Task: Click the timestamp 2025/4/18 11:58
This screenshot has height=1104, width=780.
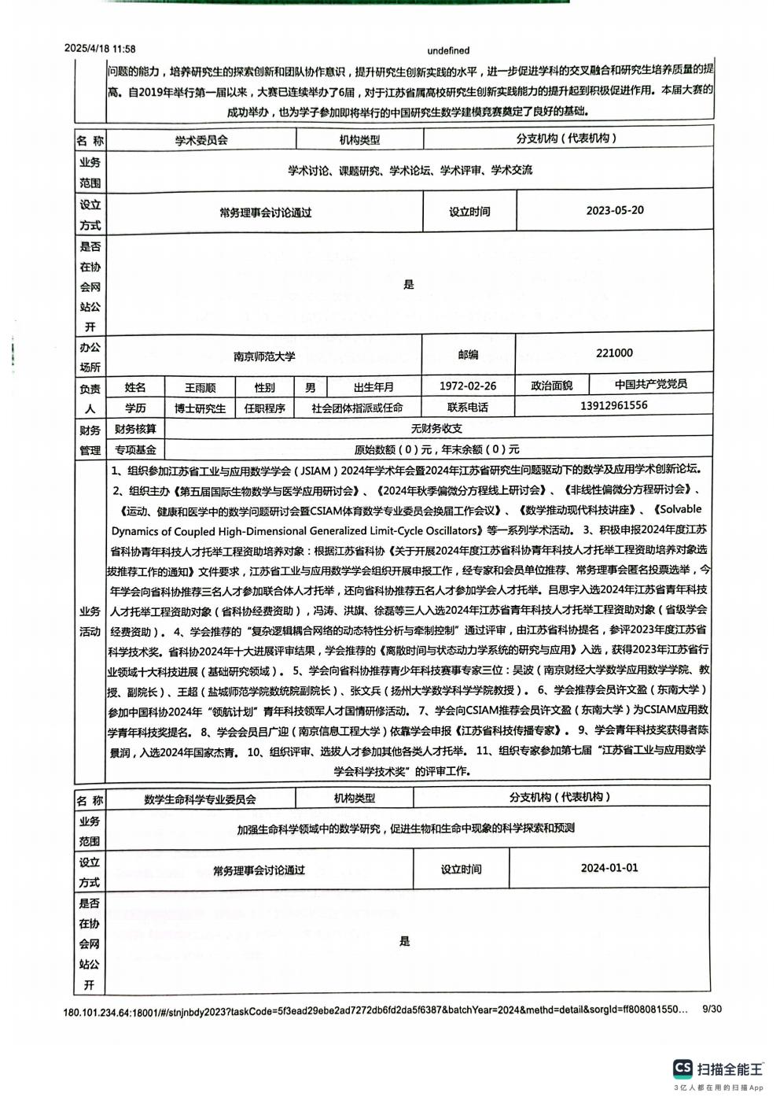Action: pos(100,49)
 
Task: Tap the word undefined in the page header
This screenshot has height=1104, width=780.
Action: pos(448,50)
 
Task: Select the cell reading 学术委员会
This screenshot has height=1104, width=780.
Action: pos(201,140)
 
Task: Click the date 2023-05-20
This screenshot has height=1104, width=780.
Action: pos(615,210)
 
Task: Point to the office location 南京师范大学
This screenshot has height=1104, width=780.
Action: pos(264,356)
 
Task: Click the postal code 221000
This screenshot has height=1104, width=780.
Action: pos(614,353)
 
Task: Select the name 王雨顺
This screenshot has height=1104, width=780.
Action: pos(200,387)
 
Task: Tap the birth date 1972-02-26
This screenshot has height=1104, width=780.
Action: pos(468,386)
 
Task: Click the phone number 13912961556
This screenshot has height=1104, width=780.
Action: pos(614,405)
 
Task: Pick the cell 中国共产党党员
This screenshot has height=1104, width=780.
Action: pos(650,384)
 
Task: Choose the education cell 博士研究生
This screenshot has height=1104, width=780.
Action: pos(200,408)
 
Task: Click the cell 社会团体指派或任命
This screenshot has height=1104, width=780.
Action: pos(357,408)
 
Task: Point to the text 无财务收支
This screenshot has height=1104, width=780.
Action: pos(436,429)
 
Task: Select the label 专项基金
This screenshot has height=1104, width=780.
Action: pos(135,449)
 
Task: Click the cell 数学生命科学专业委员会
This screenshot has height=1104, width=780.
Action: pos(200,799)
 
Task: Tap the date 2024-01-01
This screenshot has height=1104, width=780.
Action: pos(609,868)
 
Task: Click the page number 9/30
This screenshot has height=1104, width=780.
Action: pos(711,1009)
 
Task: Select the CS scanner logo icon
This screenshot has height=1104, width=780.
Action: pos(682,1068)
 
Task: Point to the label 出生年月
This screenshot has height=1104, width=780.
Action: pos(373,387)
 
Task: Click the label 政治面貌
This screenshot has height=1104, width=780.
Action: pos(551,386)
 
